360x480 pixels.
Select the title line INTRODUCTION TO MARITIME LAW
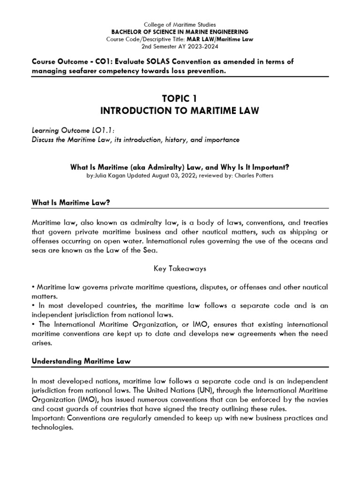[180, 111]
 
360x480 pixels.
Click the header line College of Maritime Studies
[180, 24]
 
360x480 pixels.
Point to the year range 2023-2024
[202, 47]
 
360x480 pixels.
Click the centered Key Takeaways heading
[180, 269]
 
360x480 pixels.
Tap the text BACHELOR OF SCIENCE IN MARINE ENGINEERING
[180, 31]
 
